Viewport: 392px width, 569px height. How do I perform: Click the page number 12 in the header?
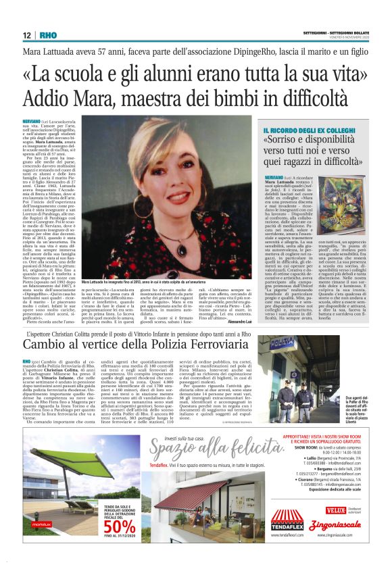click(26, 35)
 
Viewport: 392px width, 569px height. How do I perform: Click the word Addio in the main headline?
click(47, 97)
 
